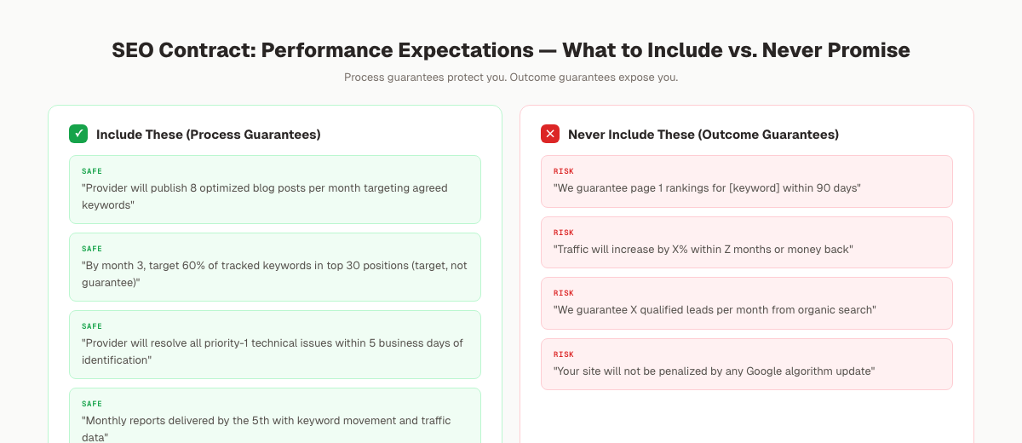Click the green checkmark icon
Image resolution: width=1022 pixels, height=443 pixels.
click(x=78, y=134)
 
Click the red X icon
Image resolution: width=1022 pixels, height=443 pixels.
click(x=550, y=134)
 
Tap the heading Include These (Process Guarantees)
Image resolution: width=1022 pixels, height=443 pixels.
click(x=208, y=135)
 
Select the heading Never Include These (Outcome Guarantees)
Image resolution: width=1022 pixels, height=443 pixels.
click(x=703, y=135)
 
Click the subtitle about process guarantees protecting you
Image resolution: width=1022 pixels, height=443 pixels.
click(x=511, y=78)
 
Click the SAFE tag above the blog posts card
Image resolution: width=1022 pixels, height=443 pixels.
click(x=92, y=171)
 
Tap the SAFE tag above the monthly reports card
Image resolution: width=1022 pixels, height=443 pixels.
click(x=92, y=404)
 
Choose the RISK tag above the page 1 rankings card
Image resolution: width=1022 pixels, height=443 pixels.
click(x=564, y=171)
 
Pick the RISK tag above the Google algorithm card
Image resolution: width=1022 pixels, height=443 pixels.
click(x=564, y=354)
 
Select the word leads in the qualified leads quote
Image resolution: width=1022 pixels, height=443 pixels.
click(x=697, y=310)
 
